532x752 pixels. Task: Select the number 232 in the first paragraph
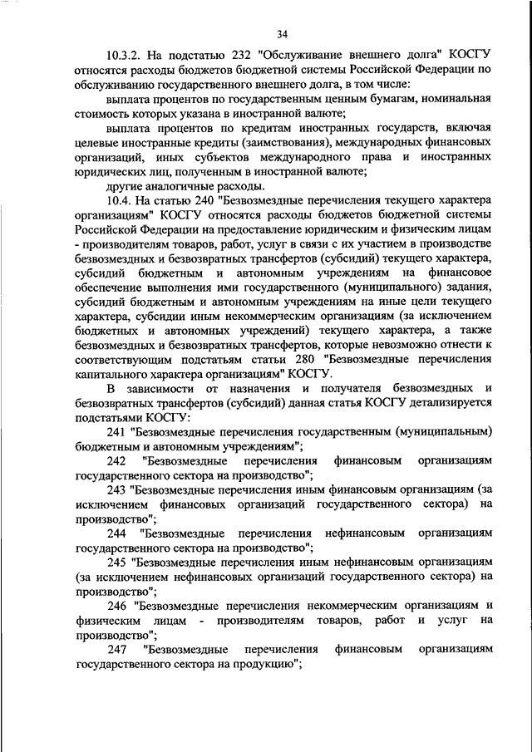point(249,55)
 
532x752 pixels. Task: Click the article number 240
point(208,201)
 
